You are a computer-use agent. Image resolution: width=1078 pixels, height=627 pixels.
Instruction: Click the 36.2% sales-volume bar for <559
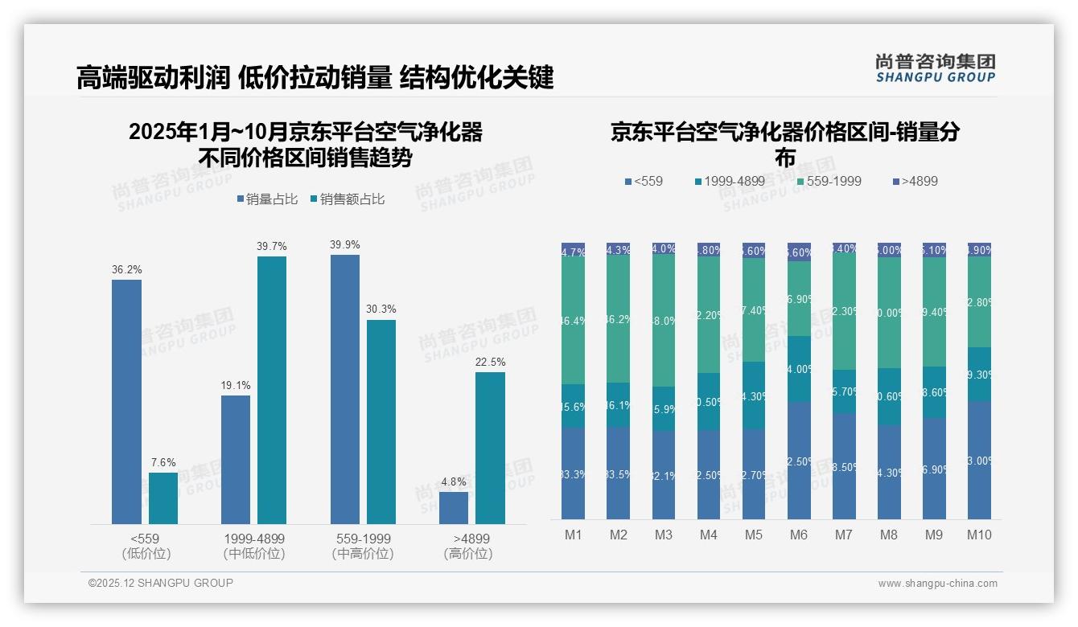(126, 402)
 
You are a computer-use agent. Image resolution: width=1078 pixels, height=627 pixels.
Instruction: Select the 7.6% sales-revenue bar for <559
(163, 498)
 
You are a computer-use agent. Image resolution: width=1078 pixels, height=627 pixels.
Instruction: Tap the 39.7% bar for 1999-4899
(272, 390)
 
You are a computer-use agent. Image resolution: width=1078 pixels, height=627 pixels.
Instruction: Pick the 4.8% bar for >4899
(454, 508)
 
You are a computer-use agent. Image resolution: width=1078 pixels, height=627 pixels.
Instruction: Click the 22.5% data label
(490, 363)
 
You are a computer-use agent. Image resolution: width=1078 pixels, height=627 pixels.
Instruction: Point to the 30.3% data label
(381, 309)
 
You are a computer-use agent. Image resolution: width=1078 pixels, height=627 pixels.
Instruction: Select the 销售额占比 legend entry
(347, 199)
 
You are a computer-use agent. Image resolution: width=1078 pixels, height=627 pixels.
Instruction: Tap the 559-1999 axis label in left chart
(362, 539)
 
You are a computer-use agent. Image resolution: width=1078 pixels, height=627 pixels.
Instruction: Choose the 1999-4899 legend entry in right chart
(729, 181)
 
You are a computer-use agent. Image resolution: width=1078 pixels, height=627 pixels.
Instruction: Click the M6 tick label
(799, 535)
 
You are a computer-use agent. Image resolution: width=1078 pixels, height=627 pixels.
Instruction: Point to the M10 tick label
(979, 535)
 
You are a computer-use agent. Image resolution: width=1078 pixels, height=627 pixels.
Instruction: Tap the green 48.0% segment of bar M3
(664, 320)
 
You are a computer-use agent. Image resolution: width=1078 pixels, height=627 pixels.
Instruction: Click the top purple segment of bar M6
(799, 252)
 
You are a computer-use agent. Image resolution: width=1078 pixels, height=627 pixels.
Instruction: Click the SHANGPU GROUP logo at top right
(935, 68)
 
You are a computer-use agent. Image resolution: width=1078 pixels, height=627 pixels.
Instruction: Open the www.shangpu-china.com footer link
(937, 584)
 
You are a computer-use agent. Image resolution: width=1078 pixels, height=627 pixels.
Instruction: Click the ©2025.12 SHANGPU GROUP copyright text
(161, 583)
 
